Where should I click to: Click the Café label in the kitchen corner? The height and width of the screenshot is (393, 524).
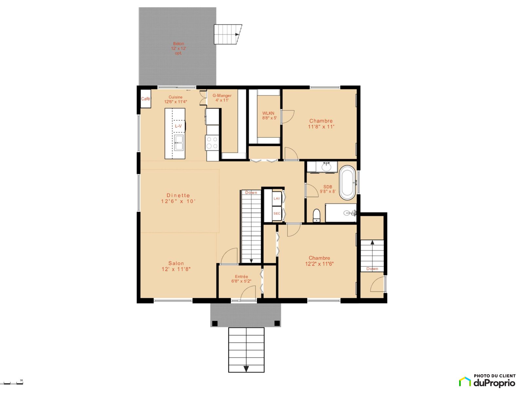(x=145, y=99)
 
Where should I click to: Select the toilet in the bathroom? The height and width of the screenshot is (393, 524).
(x=316, y=215)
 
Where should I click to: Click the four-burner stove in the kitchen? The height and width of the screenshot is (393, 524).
(x=212, y=143)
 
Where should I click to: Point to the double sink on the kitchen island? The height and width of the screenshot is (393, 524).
(x=178, y=142)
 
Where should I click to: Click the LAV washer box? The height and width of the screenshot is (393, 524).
(x=277, y=198)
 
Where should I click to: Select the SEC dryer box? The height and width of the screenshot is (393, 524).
(x=277, y=213)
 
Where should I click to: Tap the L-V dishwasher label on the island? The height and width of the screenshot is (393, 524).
(x=178, y=126)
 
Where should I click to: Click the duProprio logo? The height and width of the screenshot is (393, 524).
(x=487, y=380)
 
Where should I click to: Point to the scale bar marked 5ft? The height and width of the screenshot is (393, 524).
(x=11, y=383)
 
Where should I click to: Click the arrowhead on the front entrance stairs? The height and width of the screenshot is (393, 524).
(x=246, y=369)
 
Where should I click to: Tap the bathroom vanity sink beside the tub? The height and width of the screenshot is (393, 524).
(x=326, y=167)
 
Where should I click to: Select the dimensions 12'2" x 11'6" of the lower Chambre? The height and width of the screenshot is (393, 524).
(x=319, y=264)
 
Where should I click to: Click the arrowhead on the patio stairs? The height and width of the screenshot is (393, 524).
(x=237, y=34)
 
